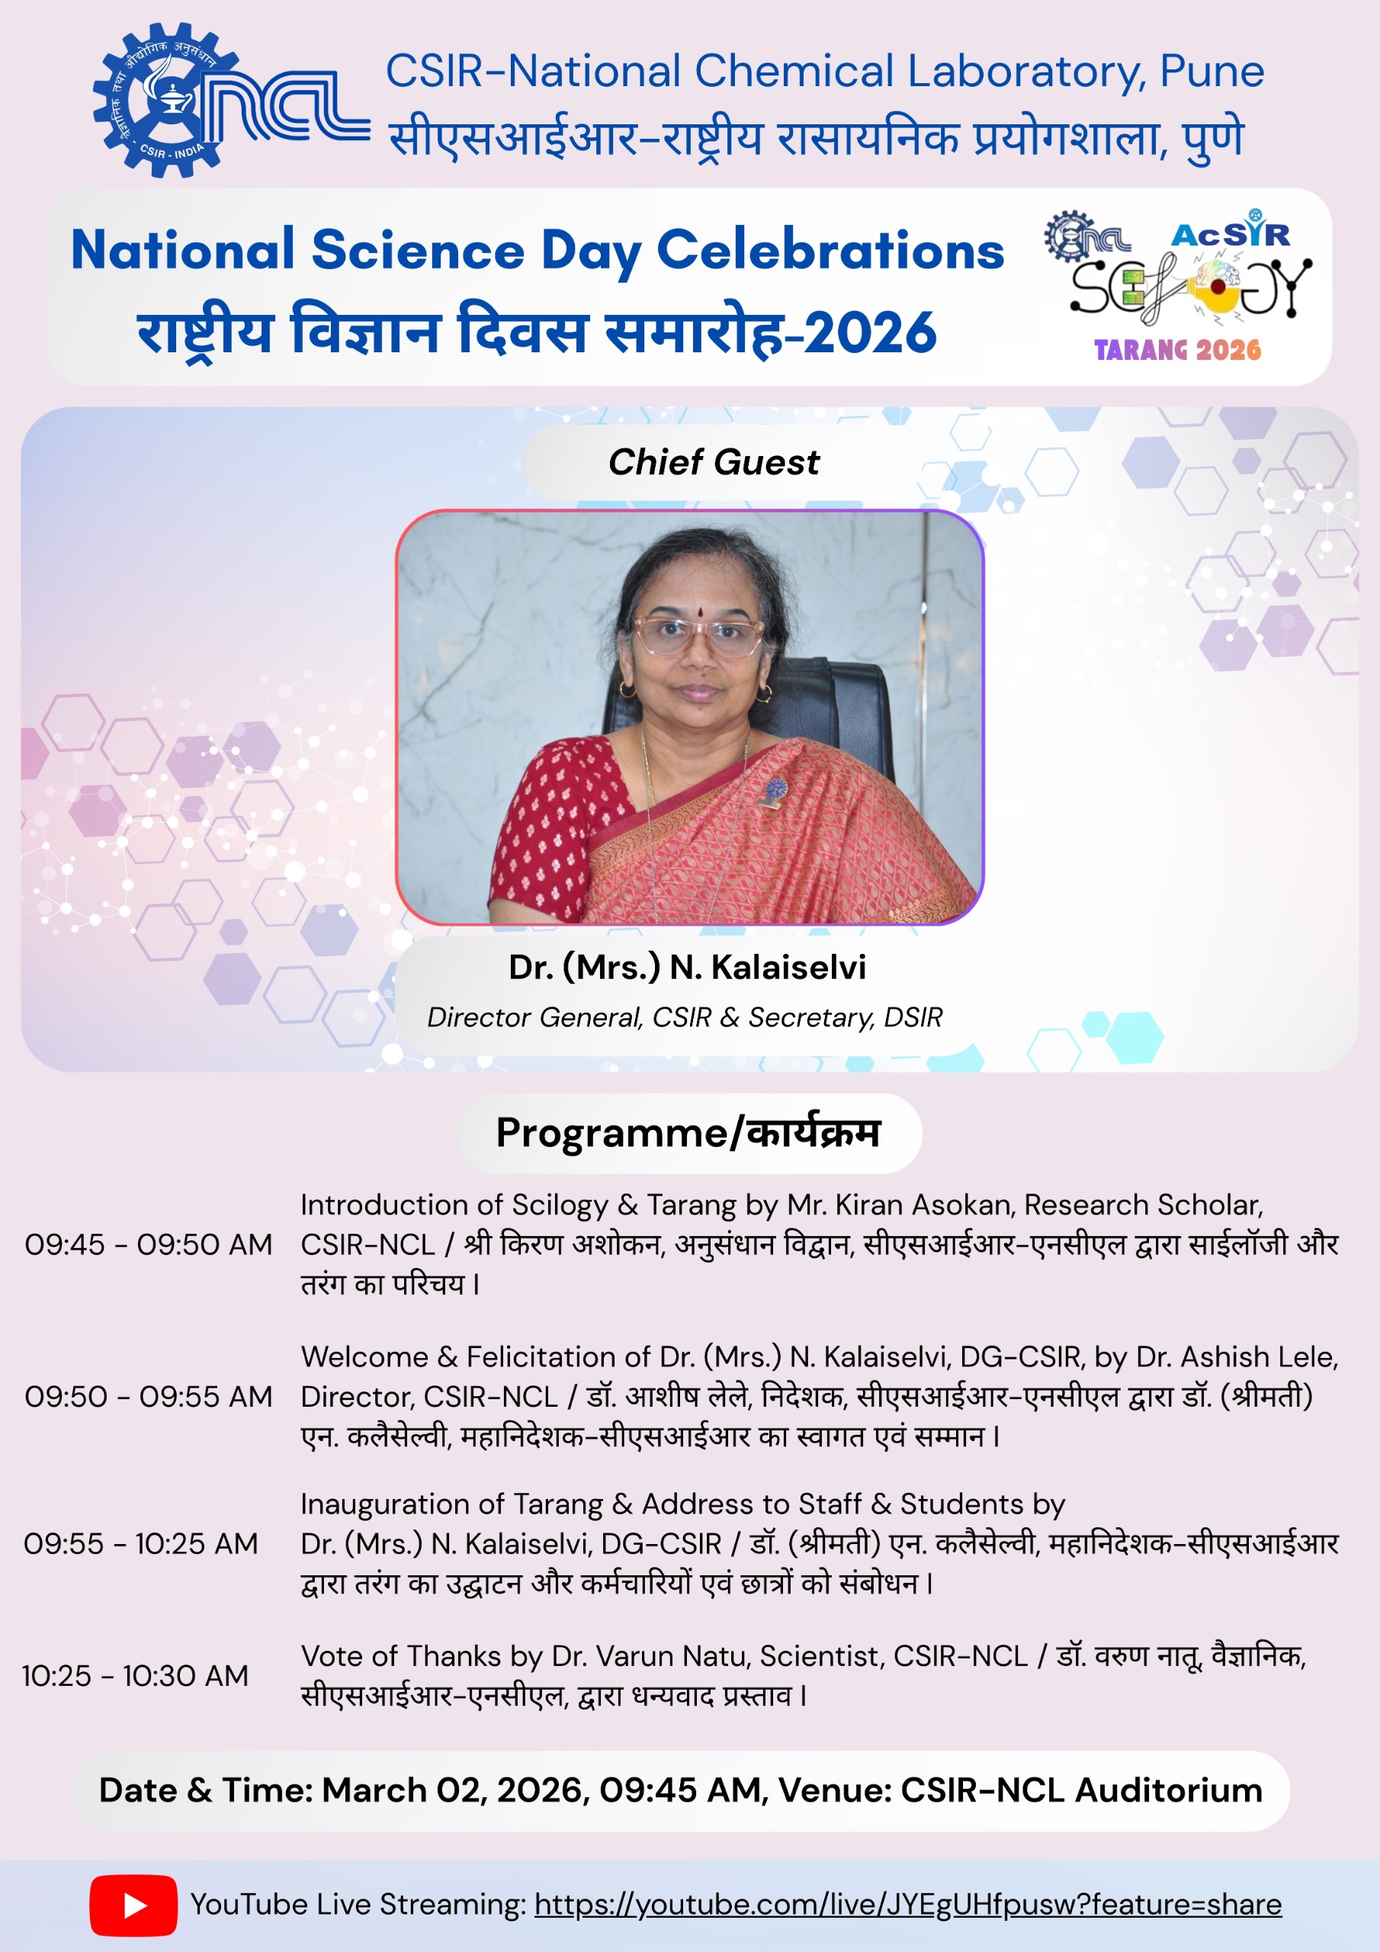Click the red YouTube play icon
point(133,1905)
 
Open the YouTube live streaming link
point(907,1905)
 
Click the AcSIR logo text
point(1231,233)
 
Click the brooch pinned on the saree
point(774,791)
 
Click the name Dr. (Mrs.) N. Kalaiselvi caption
point(687,968)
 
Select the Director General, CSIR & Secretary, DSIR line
point(685,1017)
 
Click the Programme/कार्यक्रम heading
point(688,1133)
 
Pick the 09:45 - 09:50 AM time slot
point(148,1244)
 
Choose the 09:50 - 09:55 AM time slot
point(148,1397)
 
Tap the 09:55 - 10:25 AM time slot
point(140,1544)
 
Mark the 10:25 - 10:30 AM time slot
point(135,1676)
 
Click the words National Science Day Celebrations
point(538,251)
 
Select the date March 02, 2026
point(456,1790)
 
